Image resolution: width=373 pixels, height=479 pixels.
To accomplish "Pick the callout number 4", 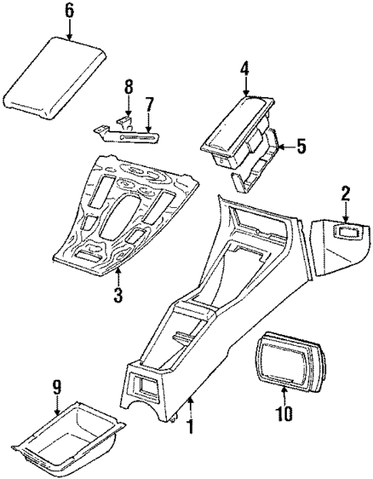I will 243,69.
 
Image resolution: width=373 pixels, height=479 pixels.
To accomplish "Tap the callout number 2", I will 345,193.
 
